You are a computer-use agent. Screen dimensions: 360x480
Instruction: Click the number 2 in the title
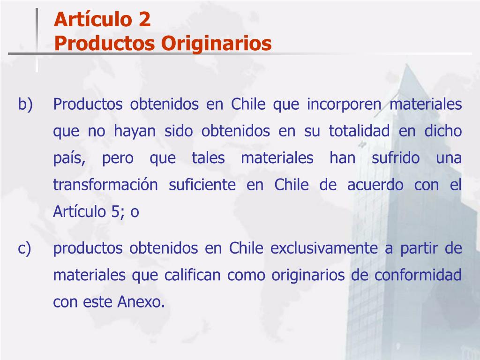(x=144, y=20)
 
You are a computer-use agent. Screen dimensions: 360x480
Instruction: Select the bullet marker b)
(x=26, y=104)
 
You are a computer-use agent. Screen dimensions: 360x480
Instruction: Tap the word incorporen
(x=344, y=104)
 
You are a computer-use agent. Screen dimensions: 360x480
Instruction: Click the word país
(x=68, y=158)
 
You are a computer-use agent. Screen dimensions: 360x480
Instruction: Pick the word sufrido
(x=396, y=158)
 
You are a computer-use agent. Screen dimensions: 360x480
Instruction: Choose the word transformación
(x=105, y=185)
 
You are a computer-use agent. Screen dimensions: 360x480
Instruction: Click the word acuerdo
(x=375, y=185)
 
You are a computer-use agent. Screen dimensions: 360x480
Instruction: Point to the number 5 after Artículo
(x=116, y=211)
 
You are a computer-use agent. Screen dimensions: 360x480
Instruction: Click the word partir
(x=418, y=248)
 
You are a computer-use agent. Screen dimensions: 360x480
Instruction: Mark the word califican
(x=192, y=275)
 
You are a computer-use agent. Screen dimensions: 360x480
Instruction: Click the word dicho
(x=443, y=131)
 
